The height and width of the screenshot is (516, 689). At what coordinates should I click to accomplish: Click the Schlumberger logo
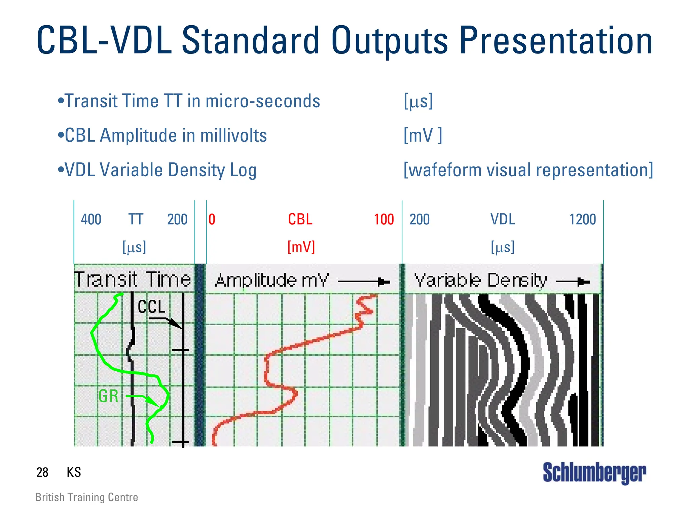(594, 473)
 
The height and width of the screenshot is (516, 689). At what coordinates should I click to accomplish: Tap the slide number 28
(42, 472)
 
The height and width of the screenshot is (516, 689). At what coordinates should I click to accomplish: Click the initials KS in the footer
(74, 472)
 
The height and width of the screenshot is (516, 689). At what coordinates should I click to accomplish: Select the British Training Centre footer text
(86, 497)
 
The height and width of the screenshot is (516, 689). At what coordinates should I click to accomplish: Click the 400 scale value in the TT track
(91, 219)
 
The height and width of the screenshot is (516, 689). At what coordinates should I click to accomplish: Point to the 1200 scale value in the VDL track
(582, 219)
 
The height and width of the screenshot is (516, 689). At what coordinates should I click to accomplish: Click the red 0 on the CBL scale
(212, 219)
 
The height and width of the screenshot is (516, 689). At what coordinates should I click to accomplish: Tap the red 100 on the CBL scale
(384, 219)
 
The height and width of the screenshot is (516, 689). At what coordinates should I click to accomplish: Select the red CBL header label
(300, 219)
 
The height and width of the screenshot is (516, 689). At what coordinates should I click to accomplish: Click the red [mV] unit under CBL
(301, 247)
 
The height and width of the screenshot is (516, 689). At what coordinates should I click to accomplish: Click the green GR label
(108, 396)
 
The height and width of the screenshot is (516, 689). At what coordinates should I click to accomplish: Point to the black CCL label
(151, 307)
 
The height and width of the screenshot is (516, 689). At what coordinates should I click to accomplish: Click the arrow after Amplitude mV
(364, 282)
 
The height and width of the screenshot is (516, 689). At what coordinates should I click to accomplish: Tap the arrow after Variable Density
(573, 282)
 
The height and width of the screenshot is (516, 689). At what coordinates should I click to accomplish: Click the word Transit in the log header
(106, 280)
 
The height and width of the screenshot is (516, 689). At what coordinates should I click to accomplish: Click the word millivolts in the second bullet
(233, 135)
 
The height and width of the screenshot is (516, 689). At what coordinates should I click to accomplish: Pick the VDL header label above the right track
(502, 219)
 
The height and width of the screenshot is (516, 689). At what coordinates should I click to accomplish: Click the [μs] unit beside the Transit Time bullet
(418, 101)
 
